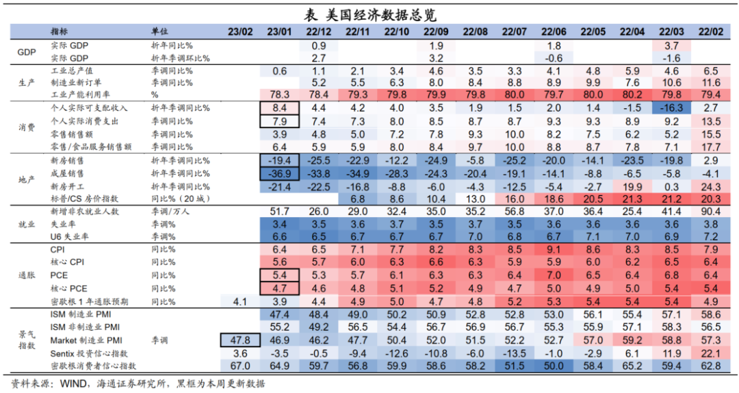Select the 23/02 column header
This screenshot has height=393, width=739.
[240, 32]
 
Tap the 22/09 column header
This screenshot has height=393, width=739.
[436, 32]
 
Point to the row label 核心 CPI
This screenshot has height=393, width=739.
[67, 262]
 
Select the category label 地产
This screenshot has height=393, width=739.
[26, 179]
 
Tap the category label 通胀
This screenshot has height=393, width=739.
[26, 274]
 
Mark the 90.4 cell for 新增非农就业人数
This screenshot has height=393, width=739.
[710, 212]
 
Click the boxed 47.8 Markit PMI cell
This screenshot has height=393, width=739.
[240, 340]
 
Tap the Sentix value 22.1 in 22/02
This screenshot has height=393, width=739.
[710, 353]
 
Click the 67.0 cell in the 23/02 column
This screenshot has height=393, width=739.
[240, 366]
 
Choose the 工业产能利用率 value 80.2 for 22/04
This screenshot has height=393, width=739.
[632, 94]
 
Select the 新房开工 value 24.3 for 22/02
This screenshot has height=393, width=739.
[710, 187]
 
